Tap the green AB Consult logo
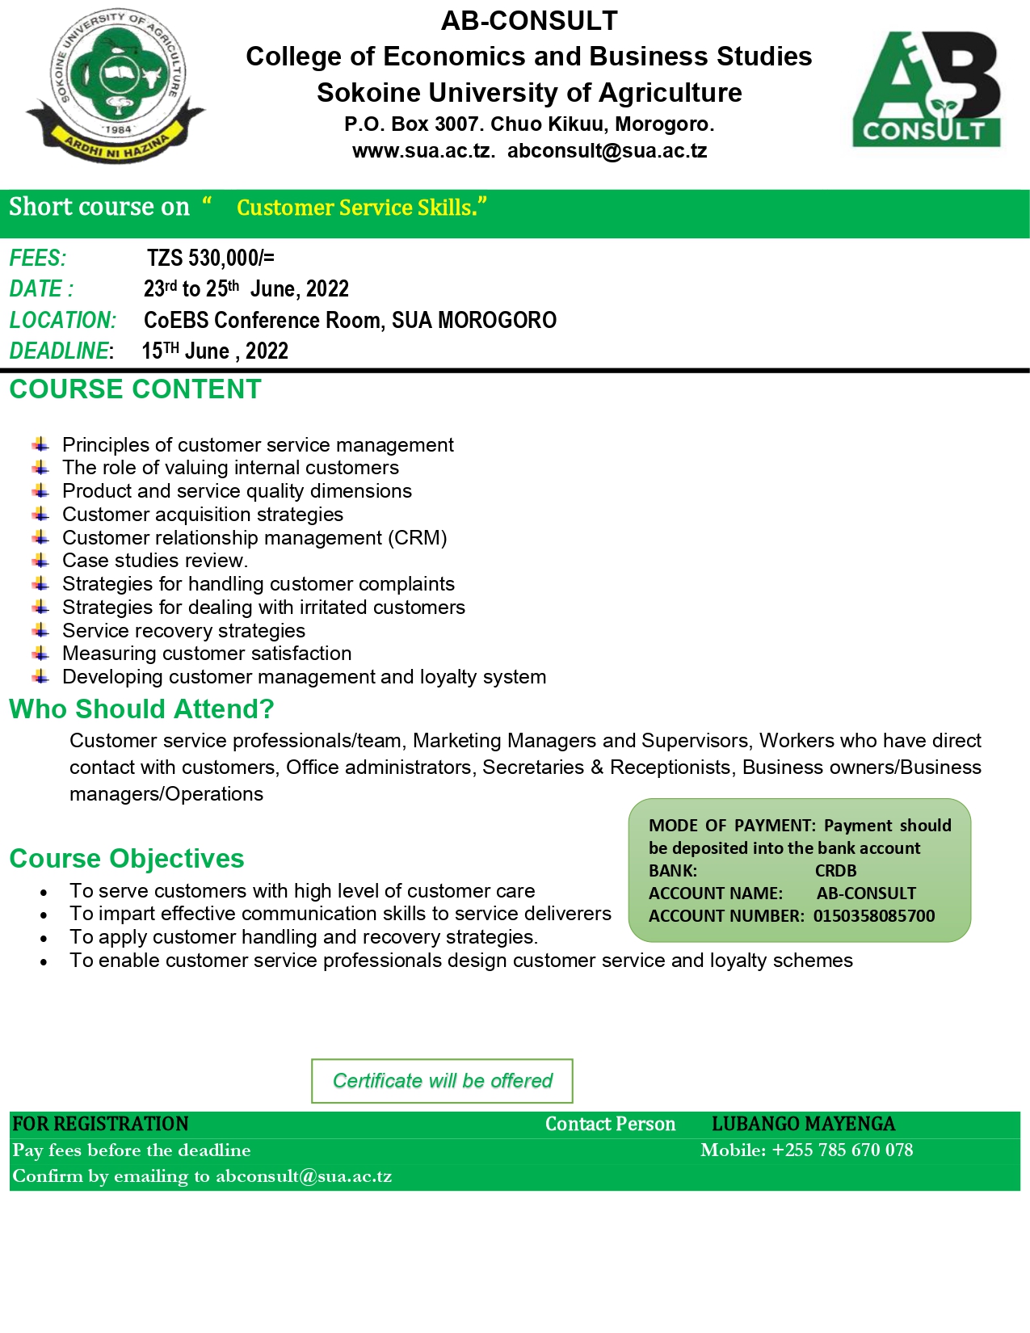(x=927, y=90)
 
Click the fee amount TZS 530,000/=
(x=211, y=259)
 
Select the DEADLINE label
(x=59, y=351)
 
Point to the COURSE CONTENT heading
(x=135, y=389)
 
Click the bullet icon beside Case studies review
(x=41, y=561)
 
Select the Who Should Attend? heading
(x=141, y=709)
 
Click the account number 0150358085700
(x=874, y=916)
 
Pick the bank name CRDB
(x=835, y=871)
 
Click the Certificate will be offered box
(x=442, y=1081)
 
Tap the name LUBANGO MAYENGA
(x=803, y=1124)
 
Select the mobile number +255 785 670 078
(x=842, y=1150)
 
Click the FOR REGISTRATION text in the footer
(x=100, y=1124)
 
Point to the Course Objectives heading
(x=127, y=859)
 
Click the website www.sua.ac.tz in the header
(x=423, y=151)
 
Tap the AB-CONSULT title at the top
(x=529, y=21)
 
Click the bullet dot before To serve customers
(x=44, y=893)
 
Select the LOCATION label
(x=63, y=321)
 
